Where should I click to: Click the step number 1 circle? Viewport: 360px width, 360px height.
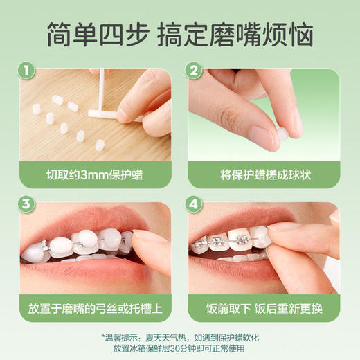pyautogui.click(x=27, y=71)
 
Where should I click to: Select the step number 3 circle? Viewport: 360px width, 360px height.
pyautogui.click(x=27, y=204)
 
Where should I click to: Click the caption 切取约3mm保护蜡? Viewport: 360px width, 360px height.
pyautogui.click(x=93, y=174)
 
